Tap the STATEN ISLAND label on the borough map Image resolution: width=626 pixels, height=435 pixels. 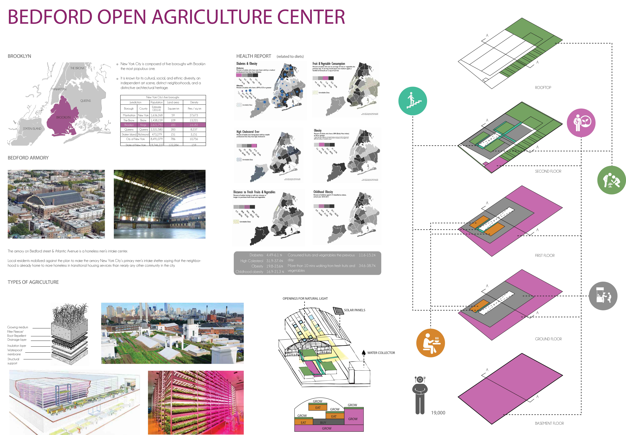[32, 129]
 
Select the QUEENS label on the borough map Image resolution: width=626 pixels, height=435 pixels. [85, 101]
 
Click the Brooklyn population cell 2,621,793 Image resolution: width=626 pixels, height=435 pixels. [157, 125]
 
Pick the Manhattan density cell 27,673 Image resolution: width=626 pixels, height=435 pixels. [194, 115]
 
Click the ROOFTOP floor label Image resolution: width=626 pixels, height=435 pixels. [543, 88]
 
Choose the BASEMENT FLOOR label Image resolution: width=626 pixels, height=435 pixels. [549, 423]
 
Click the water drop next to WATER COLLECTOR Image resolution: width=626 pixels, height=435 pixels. [363, 353]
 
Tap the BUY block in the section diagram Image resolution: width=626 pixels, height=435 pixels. [323, 422]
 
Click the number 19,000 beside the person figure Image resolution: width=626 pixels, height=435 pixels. [438, 413]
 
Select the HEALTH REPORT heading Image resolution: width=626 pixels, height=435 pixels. [254, 56]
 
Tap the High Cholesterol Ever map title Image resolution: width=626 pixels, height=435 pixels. [248, 132]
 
